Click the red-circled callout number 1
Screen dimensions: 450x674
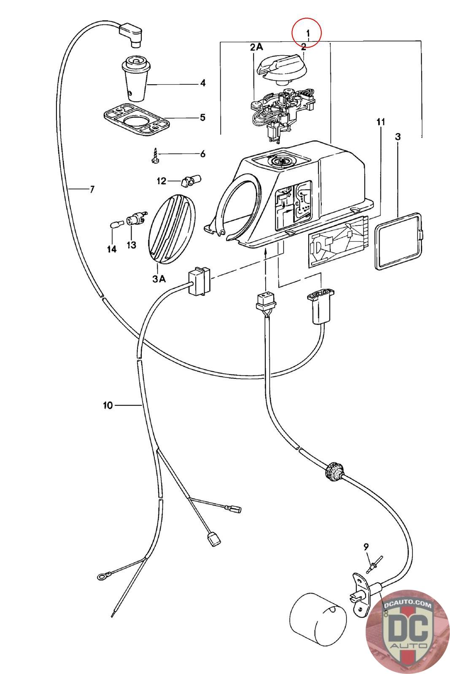(307, 33)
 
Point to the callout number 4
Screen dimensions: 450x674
(203, 83)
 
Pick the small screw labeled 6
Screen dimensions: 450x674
(155, 156)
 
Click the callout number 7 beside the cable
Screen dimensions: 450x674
(92, 189)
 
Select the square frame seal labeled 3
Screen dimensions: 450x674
(398, 241)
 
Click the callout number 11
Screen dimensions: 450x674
(381, 122)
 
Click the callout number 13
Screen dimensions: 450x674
(131, 245)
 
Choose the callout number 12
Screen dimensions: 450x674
(162, 181)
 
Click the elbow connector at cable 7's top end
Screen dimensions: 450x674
(131, 35)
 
